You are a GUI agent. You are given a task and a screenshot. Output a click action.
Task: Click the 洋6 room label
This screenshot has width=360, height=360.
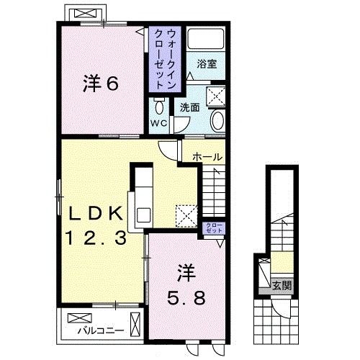(101, 84)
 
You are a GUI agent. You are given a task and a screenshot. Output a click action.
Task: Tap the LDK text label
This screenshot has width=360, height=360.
(96, 213)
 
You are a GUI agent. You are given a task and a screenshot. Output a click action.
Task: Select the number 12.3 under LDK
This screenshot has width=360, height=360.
(96, 238)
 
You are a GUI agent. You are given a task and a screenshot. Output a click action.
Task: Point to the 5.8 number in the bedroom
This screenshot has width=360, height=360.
(186, 298)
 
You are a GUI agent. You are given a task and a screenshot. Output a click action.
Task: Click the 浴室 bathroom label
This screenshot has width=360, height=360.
(207, 64)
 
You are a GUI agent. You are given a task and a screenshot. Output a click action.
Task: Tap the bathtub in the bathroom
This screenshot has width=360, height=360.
(206, 38)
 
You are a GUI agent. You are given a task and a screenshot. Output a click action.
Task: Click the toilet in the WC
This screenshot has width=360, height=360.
(158, 107)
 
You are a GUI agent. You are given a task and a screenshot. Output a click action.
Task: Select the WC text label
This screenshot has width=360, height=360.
(158, 123)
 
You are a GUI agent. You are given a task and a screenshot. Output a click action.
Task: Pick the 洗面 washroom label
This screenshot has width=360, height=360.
(189, 108)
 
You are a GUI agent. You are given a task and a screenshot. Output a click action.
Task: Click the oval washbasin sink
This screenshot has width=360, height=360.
(218, 121)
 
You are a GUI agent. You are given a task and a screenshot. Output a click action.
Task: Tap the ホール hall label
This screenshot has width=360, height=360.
(207, 157)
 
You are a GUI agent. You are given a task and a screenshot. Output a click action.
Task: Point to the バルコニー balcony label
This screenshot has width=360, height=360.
(101, 331)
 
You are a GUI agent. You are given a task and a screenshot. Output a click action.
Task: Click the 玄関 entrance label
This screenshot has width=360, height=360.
(282, 286)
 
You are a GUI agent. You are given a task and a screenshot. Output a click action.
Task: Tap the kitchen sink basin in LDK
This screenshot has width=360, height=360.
(143, 215)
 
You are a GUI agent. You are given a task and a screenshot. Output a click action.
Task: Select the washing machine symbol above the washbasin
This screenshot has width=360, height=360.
(216, 96)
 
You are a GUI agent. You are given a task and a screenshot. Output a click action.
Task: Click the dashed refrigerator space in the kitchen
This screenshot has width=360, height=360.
(186, 216)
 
